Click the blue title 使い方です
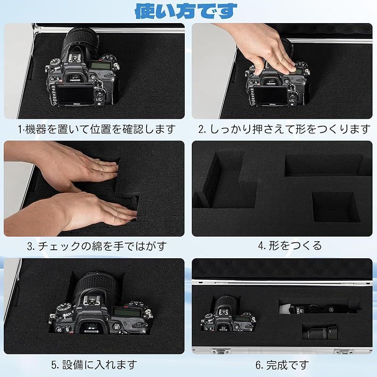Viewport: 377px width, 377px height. (x=186, y=10)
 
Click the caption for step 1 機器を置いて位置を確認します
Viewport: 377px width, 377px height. (x=96, y=129)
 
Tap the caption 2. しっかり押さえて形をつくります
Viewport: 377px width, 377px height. (x=284, y=129)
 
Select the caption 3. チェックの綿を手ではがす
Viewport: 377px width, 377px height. (x=96, y=246)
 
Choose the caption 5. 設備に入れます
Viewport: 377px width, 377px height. (x=94, y=364)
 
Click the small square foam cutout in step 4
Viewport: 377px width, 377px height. (x=336, y=206)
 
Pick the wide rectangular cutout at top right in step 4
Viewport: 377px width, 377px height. (x=325, y=165)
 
